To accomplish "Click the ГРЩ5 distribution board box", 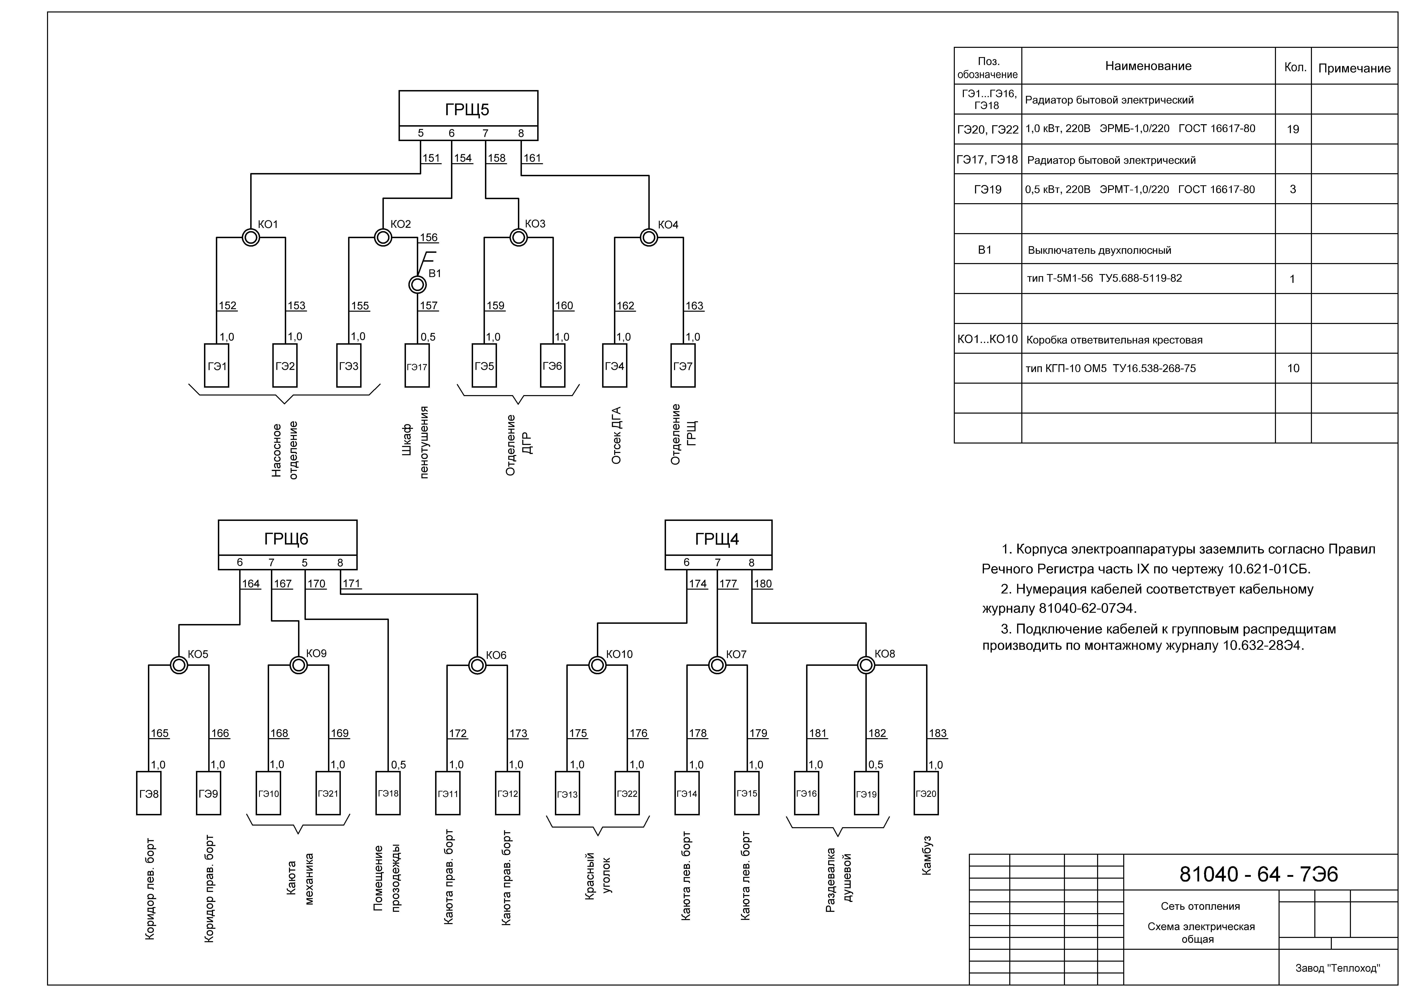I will [x=468, y=109].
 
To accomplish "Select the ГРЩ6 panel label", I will [x=286, y=539].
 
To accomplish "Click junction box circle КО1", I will [x=251, y=237].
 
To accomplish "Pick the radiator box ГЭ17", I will [x=417, y=366].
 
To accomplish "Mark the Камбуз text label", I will [x=927, y=855].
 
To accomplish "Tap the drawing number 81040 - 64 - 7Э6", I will [x=1258, y=874].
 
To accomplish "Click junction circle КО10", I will [x=597, y=665].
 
